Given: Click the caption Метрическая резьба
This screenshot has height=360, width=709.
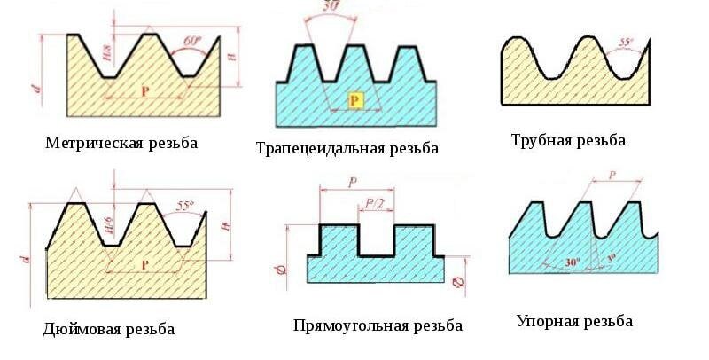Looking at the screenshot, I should click(x=121, y=143).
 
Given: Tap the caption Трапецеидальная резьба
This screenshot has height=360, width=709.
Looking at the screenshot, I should click(x=347, y=148).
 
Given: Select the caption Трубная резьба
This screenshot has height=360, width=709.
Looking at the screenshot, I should click(x=568, y=140).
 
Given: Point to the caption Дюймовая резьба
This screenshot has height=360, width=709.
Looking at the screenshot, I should click(x=108, y=329).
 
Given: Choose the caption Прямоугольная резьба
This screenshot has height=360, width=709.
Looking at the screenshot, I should click(x=378, y=325).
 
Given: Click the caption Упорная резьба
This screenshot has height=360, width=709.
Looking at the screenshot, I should click(x=575, y=321).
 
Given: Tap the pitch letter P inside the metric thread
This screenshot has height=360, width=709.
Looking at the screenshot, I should click(x=145, y=90).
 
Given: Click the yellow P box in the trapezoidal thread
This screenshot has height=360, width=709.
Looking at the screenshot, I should click(x=354, y=99).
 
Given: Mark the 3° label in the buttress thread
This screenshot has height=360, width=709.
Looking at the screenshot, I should click(x=611, y=258).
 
